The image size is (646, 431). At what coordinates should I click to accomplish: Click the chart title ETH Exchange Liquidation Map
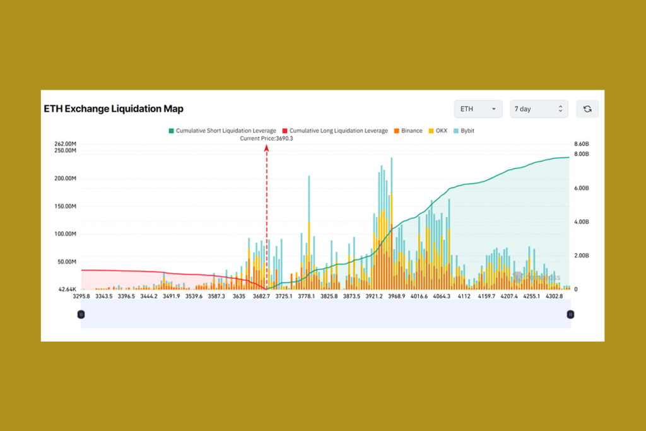tap(114, 109)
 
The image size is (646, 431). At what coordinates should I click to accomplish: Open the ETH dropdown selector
tap(478, 109)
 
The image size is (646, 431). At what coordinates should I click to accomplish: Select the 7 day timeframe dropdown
tap(538, 109)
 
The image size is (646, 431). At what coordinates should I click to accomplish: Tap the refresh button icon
tap(587, 109)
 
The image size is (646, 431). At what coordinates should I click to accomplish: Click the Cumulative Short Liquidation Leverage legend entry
tap(222, 131)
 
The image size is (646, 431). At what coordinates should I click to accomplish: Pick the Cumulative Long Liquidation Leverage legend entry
tap(335, 131)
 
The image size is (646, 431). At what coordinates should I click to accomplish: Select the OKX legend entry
tap(437, 131)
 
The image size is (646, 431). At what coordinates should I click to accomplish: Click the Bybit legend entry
tap(464, 131)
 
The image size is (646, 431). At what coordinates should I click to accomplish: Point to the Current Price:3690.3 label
tap(266, 138)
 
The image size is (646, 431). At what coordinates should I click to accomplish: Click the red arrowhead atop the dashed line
tap(267, 148)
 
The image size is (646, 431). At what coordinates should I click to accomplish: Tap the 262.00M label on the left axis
tap(66, 144)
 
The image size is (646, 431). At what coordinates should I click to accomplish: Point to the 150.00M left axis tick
tap(66, 206)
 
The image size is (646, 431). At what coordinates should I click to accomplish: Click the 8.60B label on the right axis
tap(582, 144)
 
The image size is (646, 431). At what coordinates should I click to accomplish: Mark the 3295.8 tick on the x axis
tap(81, 296)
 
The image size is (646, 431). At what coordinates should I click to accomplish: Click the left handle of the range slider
tap(81, 314)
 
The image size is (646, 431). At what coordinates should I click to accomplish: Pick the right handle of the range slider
tap(570, 314)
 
